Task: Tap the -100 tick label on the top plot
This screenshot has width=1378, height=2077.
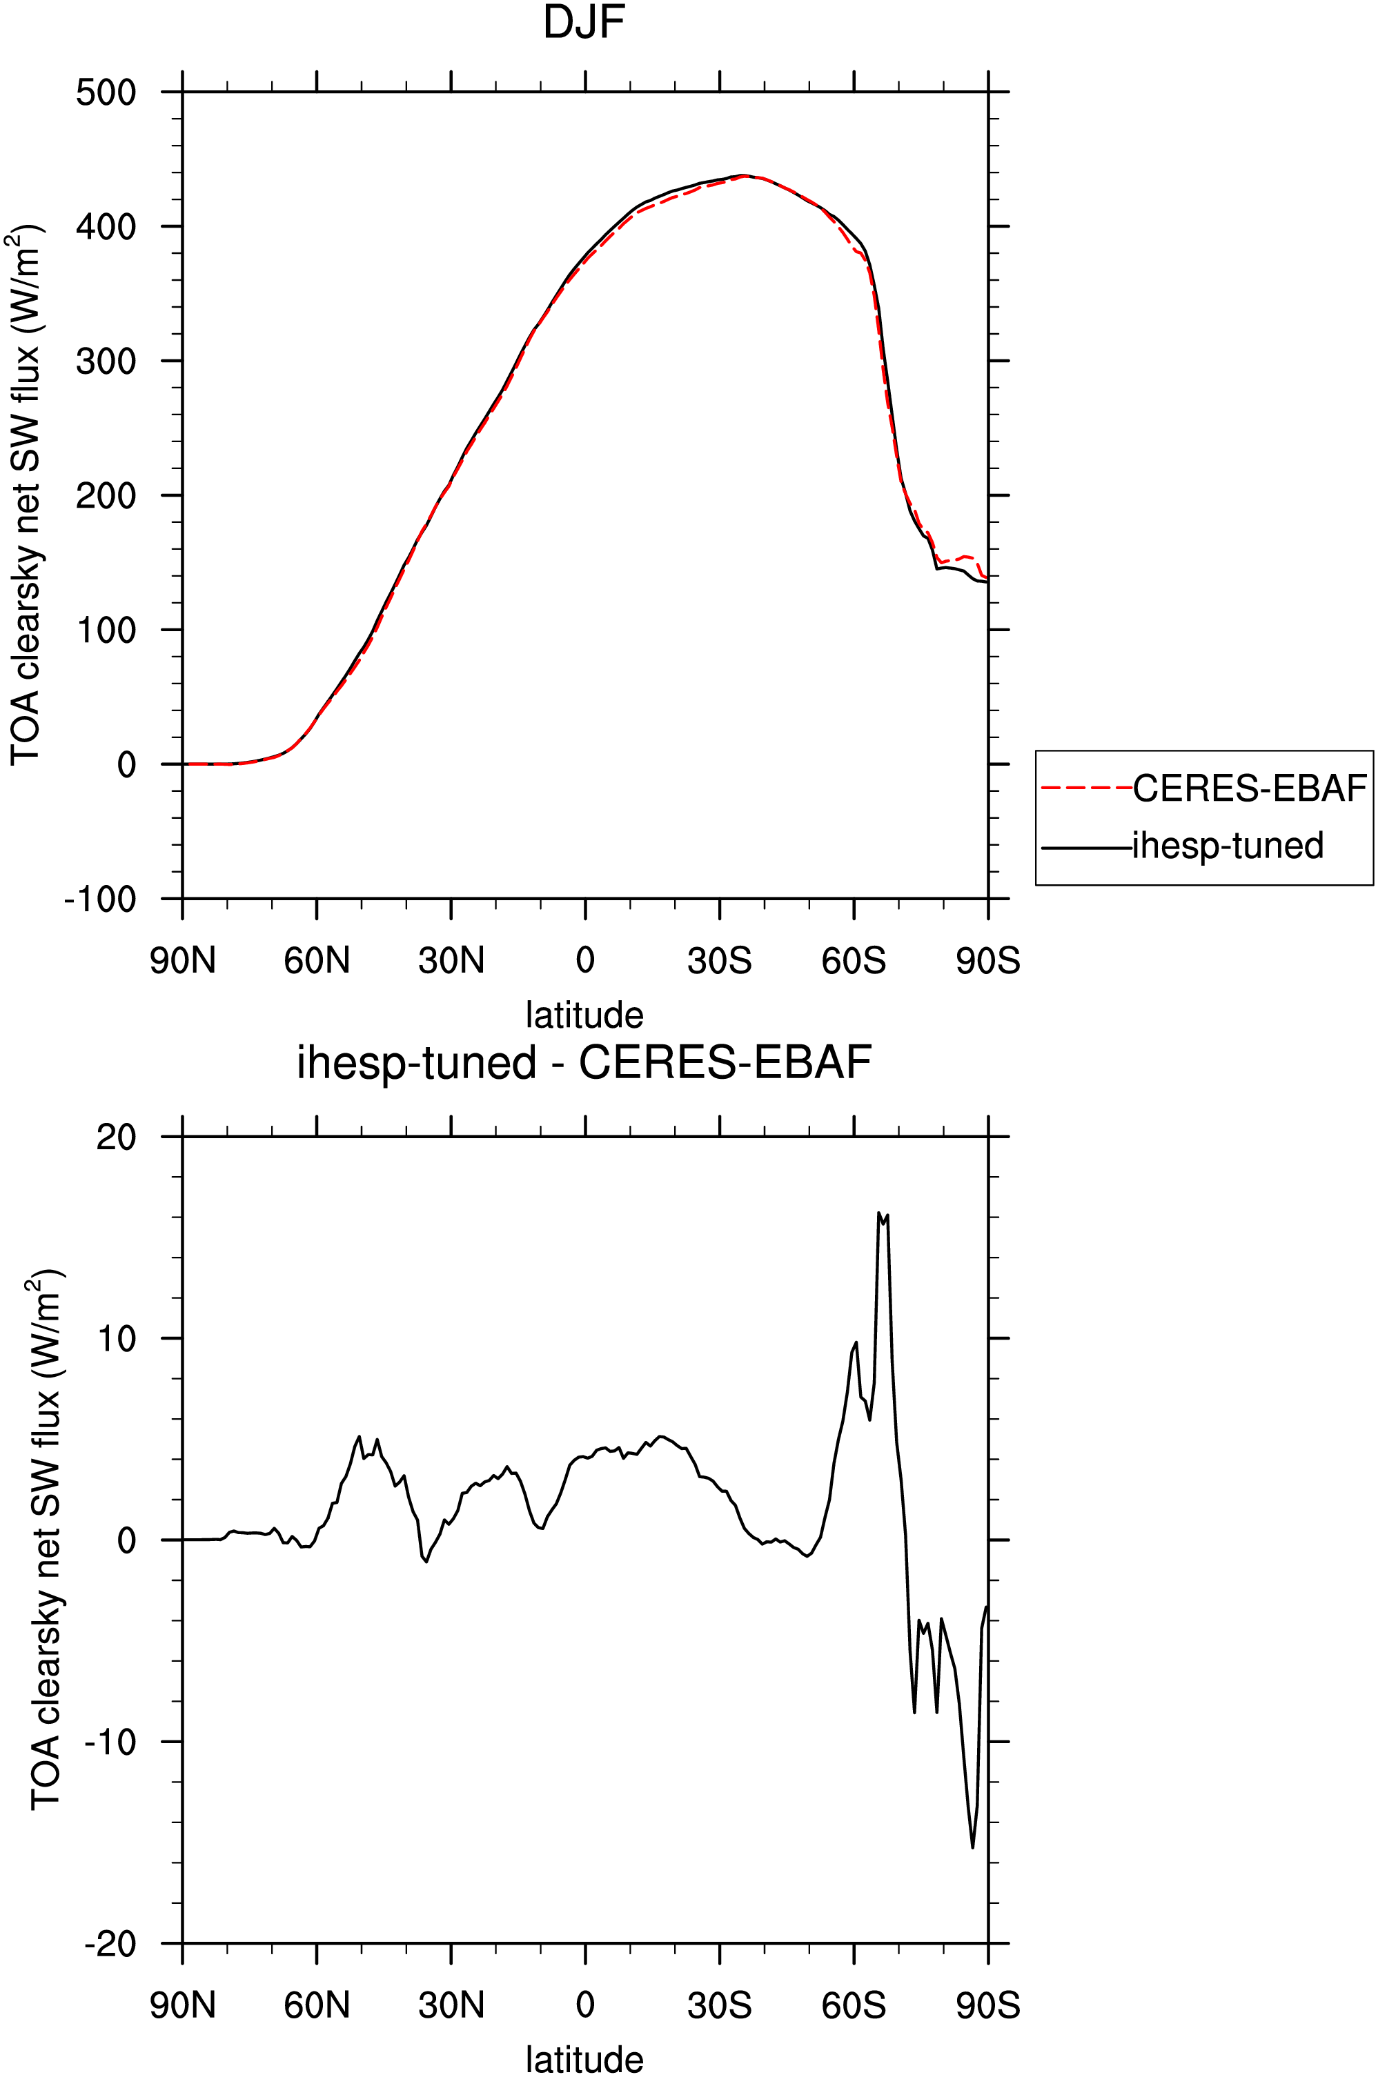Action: point(100,899)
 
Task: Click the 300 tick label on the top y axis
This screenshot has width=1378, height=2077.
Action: point(106,360)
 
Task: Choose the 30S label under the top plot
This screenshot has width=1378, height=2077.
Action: point(720,961)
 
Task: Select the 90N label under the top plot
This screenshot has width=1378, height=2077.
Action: point(183,961)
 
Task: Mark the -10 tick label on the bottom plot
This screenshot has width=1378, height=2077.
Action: point(110,1741)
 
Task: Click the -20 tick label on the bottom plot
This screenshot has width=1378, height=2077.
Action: point(110,1943)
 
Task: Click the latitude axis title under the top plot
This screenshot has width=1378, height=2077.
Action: point(584,1015)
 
